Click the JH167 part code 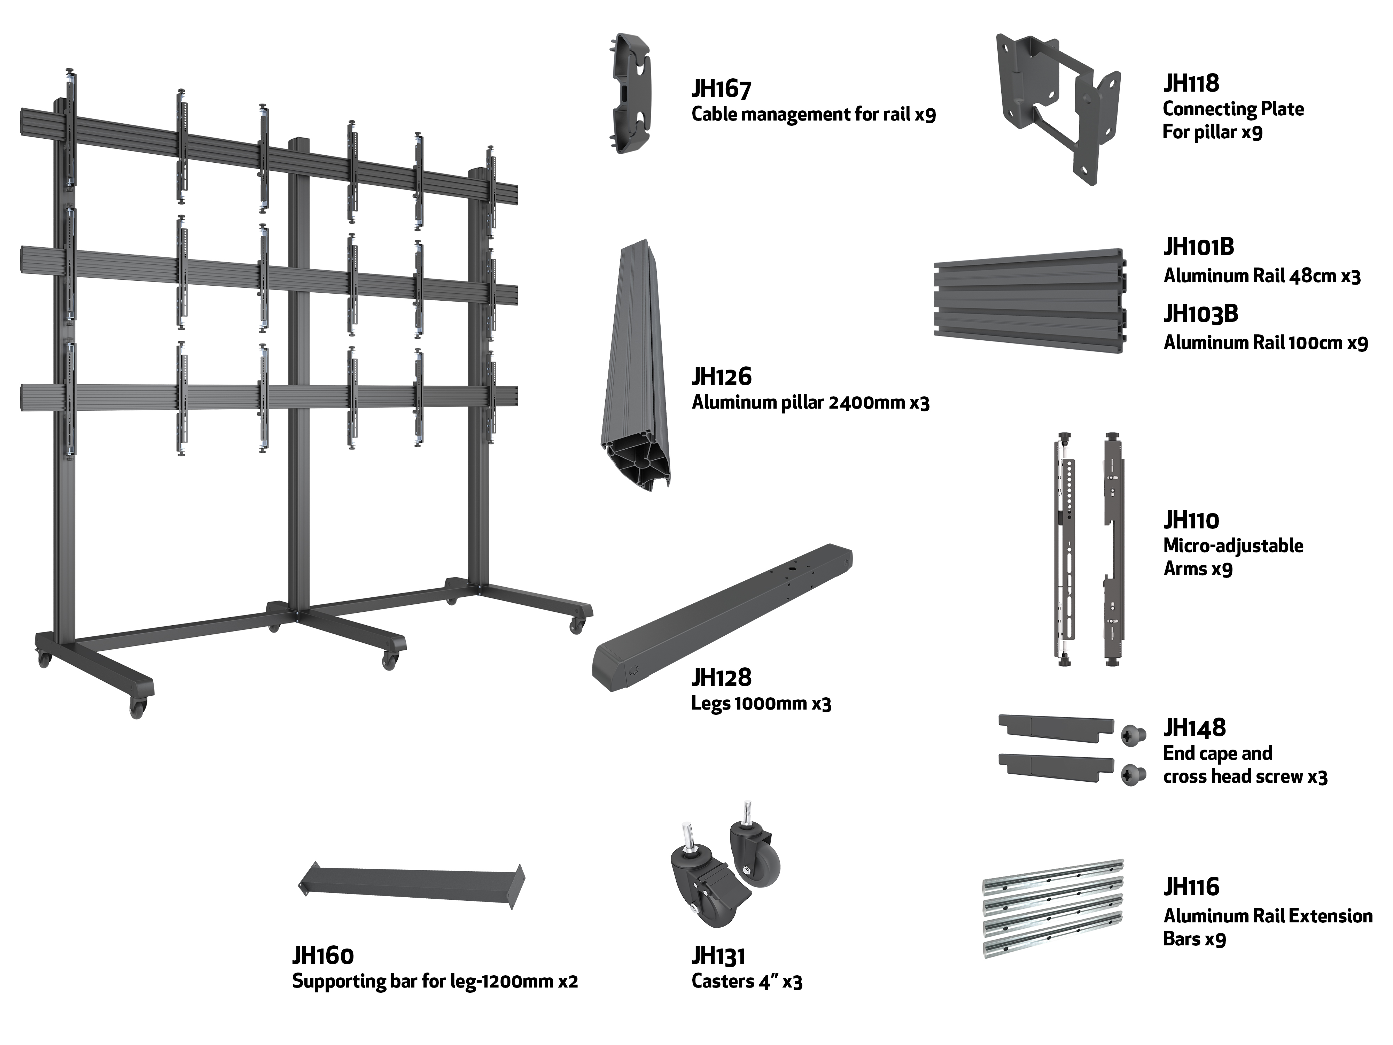point(722,89)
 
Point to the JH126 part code point(722,377)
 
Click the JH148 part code point(1194,728)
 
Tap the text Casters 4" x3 point(747,981)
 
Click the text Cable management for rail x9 point(814,115)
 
